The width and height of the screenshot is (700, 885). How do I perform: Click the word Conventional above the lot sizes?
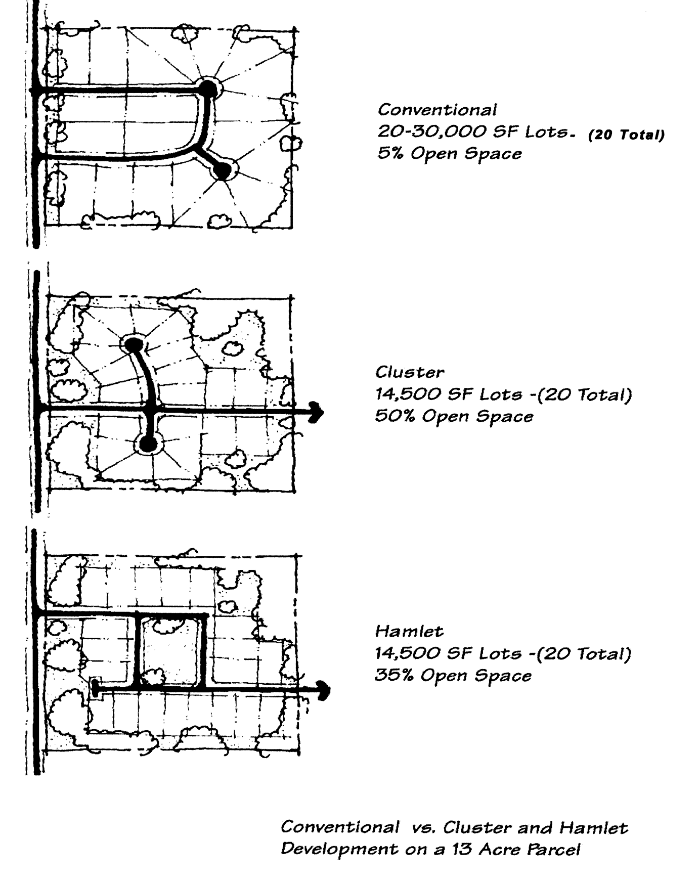[437, 110]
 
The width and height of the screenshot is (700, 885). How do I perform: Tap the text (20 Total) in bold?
[626, 135]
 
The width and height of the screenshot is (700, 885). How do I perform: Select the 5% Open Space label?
[450, 154]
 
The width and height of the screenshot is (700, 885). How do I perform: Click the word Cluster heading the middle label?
[409, 373]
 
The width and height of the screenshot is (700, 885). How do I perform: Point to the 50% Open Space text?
[454, 417]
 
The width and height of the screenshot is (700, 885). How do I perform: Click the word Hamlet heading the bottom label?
[409, 632]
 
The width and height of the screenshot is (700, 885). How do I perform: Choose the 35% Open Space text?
[453, 676]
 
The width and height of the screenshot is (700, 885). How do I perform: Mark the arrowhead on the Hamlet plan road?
[324, 690]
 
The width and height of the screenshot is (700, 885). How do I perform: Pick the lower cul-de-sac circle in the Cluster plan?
[148, 445]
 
